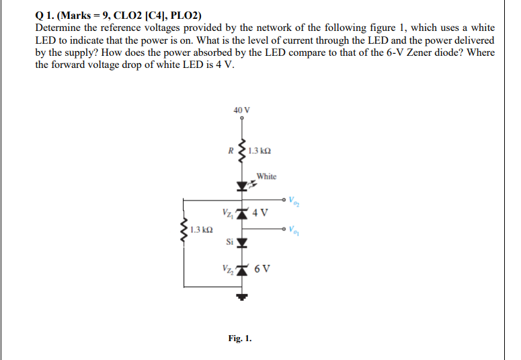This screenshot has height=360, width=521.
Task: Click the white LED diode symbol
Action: [x=242, y=185]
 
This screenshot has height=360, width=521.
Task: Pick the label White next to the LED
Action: [x=266, y=177]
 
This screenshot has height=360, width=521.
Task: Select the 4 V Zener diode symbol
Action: [x=242, y=214]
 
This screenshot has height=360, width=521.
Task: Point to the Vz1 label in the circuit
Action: [x=226, y=213]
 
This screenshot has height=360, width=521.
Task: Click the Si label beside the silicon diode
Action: [x=229, y=241]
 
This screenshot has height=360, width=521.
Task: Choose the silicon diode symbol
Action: [x=242, y=241]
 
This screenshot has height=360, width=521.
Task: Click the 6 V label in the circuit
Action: [x=263, y=268]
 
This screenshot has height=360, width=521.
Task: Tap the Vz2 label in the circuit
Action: [x=226, y=268]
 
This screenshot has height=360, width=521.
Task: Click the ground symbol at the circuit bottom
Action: [x=242, y=296]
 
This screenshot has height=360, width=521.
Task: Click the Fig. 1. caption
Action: [x=240, y=338]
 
